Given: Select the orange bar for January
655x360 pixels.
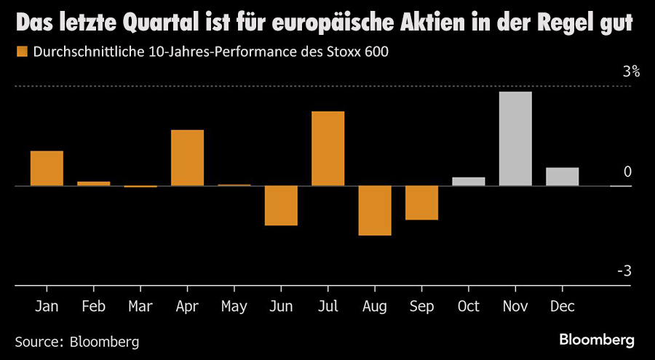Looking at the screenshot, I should pos(47,168).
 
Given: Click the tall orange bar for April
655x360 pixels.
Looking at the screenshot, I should pos(187,158).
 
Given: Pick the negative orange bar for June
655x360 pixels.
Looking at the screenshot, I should pos(281,205).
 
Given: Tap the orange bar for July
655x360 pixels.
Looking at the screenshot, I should pos(327,148).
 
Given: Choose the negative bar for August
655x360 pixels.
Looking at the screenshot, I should pos(375,210).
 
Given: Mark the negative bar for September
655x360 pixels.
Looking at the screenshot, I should pos(421,202).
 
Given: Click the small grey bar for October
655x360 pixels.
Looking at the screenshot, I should pos(468,181).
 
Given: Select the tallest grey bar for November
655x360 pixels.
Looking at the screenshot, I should pos(515,138).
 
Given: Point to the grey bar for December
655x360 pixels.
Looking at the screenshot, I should pos(562,177).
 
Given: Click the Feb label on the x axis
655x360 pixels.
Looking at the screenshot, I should pos(93,306).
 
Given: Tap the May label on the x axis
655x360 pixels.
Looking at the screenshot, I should pos(234,306).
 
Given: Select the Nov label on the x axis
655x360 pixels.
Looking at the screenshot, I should pos(515,306).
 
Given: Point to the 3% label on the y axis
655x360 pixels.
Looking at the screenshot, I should pos(630,72).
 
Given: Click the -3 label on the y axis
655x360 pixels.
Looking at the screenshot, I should pos(624,271).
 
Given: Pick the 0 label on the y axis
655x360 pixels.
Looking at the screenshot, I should pos(627,172).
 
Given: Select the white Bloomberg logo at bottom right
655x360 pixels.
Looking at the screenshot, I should pos(596,340).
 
